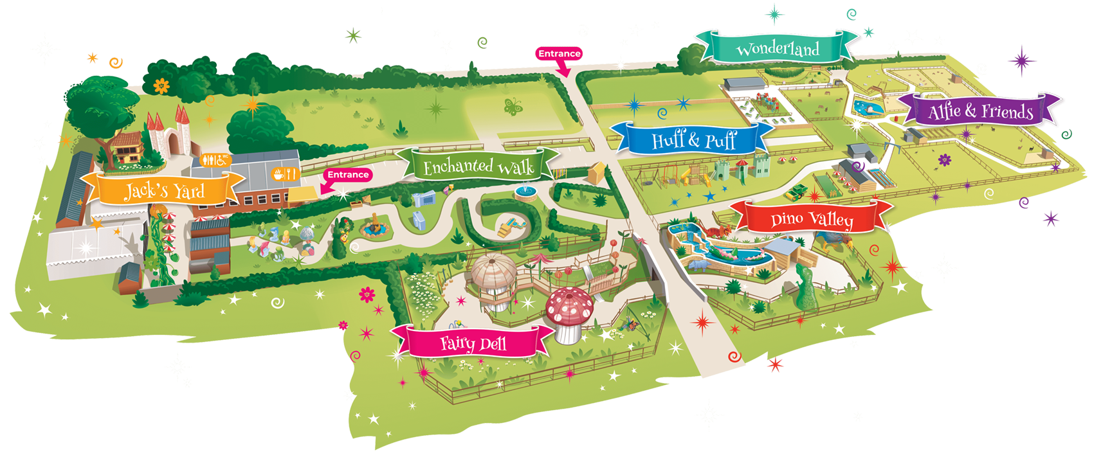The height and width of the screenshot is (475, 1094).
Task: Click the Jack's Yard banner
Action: click(x=164, y=190)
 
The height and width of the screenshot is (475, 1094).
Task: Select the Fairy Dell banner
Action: click(x=473, y=343)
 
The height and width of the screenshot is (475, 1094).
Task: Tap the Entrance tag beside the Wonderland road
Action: click(x=559, y=54)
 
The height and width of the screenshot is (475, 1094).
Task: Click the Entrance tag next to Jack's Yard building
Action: click(x=348, y=175)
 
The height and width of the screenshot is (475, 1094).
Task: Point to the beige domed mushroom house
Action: click(x=494, y=270)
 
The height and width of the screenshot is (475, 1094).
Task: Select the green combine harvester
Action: click(x=798, y=190)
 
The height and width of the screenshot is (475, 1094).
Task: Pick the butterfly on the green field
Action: click(x=513, y=107)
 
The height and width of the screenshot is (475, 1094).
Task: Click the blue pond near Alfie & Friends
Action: click(x=868, y=108)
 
